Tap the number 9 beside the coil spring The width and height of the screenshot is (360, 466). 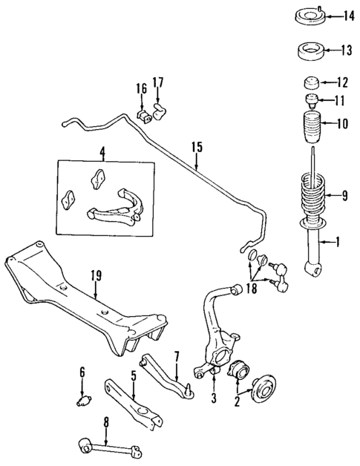pyautogui.click(x=345, y=196)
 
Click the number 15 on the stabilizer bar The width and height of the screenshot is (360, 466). pyautogui.click(x=197, y=146)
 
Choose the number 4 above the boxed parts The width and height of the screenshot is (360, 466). pyautogui.click(x=102, y=154)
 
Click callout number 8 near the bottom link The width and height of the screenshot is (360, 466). pyautogui.click(x=106, y=423)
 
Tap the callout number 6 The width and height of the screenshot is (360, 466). pyautogui.click(x=82, y=372)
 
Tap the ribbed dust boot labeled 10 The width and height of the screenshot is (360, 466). pyautogui.click(x=310, y=128)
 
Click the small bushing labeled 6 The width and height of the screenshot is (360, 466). pyautogui.click(x=82, y=401)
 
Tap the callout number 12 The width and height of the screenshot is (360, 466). pyautogui.click(x=341, y=82)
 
